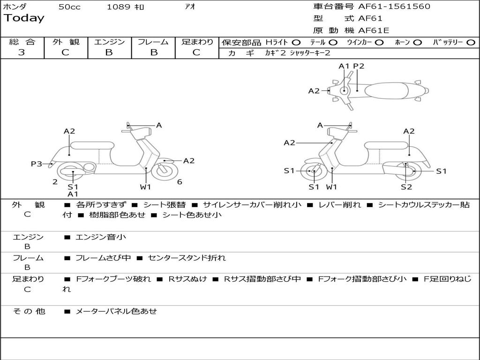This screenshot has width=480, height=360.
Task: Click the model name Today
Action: click(24, 18)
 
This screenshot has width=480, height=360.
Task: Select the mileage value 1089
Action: click(118, 7)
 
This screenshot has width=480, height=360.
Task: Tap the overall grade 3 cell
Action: click(22, 52)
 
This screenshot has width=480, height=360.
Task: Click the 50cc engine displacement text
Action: click(69, 7)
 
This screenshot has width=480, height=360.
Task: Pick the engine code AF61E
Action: click(374, 31)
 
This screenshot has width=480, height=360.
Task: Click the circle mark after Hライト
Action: click(296, 42)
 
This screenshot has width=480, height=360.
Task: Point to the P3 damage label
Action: click(37, 164)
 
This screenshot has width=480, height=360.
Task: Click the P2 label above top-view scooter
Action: click(359, 66)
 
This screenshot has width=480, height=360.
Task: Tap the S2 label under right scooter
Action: click(406, 187)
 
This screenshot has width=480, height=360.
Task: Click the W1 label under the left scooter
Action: click(146, 187)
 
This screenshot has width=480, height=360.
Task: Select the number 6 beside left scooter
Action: click(180, 182)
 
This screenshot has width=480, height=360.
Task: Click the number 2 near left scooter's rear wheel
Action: click(55, 182)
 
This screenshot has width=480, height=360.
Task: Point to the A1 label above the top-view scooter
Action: click(345, 66)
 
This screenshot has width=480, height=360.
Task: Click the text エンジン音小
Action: click(101, 237)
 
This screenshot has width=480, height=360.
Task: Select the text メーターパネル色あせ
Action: click(116, 311)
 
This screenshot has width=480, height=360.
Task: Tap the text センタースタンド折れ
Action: click(187, 258)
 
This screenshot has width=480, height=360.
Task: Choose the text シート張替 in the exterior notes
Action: click(164, 205)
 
